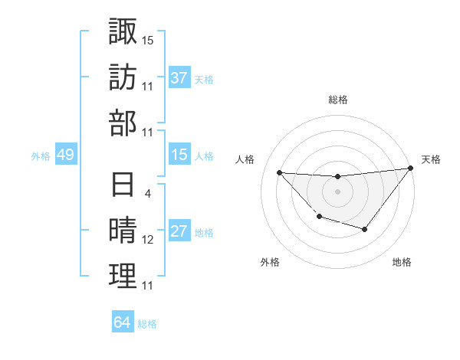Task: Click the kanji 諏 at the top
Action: tap(123, 31)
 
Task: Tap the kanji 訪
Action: tap(123, 77)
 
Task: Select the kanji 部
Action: tap(123, 123)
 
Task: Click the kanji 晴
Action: tap(123, 231)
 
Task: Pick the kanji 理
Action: tap(123, 277)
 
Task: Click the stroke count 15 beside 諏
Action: tap(148, 38)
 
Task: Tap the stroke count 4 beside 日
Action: tap(148, 193)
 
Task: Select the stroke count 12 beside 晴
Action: tap(148, 239)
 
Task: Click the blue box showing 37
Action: tap(179, 78)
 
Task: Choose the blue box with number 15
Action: tap(179, 155)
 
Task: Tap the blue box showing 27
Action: tap(179, 231)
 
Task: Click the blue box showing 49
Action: tap(65, 155)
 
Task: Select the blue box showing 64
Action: tap(122, 322)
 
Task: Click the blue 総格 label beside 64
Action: tap(147, 324)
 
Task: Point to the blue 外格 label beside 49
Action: tap(41, 156)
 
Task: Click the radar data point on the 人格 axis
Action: tap(279, 172)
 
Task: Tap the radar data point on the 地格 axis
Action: tap(365, 229)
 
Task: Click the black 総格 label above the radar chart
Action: tap(337, 100)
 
